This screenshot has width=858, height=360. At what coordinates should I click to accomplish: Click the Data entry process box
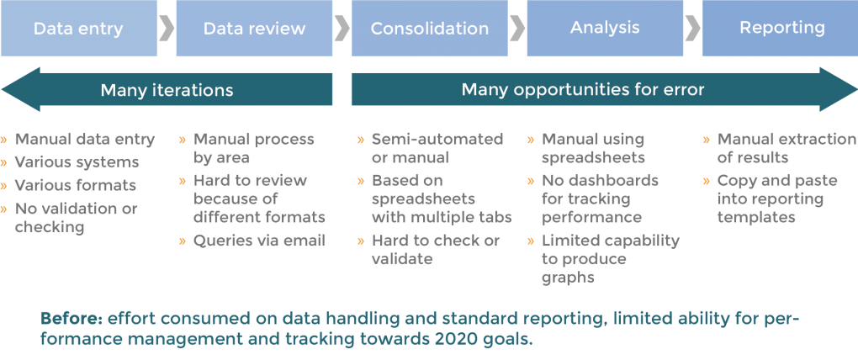pyautogui.click(x=78, y=29)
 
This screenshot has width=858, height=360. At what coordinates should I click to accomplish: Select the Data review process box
pyautogui.click(x=254, y=29)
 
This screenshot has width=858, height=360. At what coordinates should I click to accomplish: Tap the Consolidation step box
pyautogui.click(x=429, y=29)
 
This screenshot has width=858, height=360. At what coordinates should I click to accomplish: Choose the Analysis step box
pyautogui.click(x=605, y=29)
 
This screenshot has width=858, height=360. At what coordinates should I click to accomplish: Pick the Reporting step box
pyautogui.click(x=781, y=29)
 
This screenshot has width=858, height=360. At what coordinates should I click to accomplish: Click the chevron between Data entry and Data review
pyautogui.click(x=167, y=29)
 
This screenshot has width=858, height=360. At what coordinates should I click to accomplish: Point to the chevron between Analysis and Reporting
pyautogui.click(x=693, y=29)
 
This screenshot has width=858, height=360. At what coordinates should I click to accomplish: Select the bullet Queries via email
pyautogui.click(x=259, y=241)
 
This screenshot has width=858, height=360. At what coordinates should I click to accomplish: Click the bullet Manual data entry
pyautogui.click(x=85, y=140)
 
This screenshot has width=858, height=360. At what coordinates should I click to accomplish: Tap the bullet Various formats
pyautogui.click(x=76, y=185)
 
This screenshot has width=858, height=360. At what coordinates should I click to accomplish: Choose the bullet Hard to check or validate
pyautogui.click(x=435, y=250)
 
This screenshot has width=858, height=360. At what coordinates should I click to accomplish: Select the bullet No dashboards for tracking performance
pyautogui.click(x=599, y=199)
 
